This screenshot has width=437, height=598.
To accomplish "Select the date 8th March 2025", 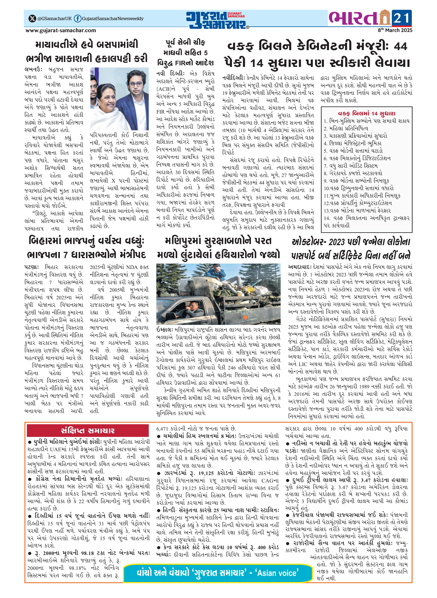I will [395, 30].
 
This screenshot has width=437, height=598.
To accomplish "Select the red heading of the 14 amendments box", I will [366, 113].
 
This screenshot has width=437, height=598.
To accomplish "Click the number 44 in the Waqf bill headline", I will [400, 47].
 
